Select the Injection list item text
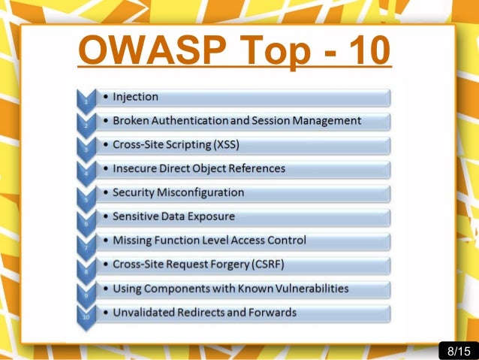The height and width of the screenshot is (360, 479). point(135,96)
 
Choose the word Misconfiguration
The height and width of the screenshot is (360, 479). point(201,192)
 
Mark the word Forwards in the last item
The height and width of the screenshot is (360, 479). point(273,313)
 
